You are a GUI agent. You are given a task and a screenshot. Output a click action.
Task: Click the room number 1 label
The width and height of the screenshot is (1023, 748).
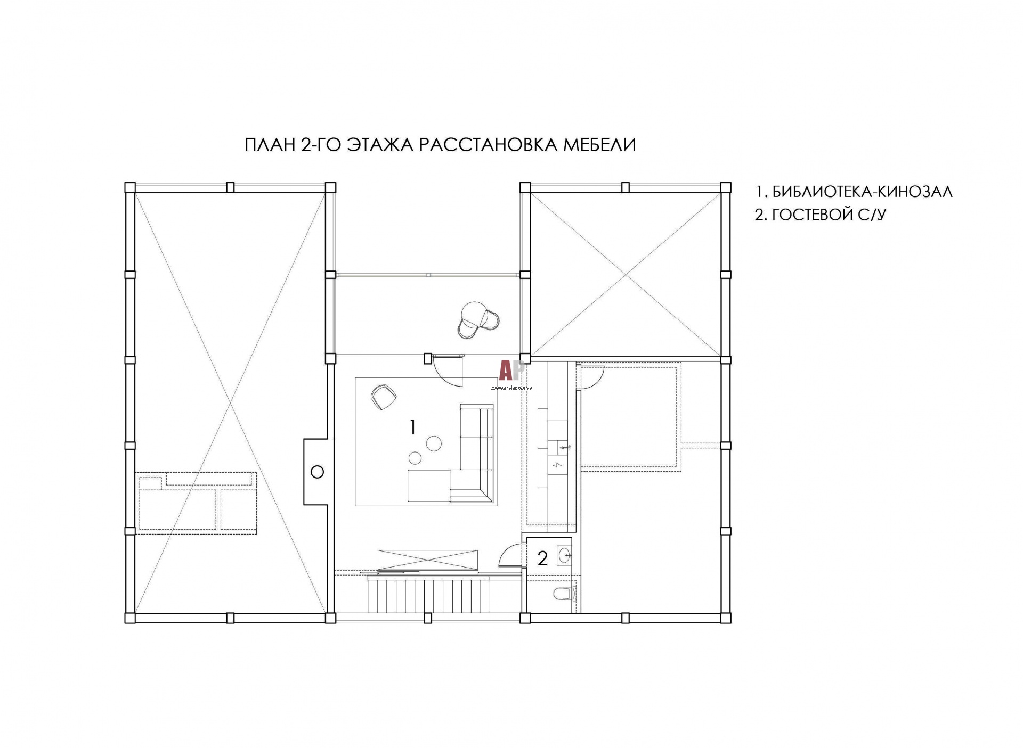(412, 427)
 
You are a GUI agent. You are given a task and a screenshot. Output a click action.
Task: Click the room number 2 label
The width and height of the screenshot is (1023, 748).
(542, 558)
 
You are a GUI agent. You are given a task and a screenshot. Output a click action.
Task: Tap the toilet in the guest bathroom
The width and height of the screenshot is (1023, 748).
(563, 593)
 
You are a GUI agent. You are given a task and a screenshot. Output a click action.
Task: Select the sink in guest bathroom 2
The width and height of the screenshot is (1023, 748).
(564, 556)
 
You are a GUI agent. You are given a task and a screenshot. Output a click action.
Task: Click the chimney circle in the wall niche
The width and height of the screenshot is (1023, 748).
(317, 472)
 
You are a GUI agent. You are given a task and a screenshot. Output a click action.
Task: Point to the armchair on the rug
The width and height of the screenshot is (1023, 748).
(383, 397)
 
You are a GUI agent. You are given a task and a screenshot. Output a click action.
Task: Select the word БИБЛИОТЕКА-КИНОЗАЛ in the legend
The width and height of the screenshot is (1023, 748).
(862, 192)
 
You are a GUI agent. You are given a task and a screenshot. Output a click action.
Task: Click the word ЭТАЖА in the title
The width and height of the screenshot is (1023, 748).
(379, 145)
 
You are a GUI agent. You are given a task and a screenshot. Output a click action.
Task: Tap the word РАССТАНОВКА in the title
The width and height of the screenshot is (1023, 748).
(488, 145)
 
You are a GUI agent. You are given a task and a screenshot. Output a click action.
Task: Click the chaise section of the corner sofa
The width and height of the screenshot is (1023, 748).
(429, 486)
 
